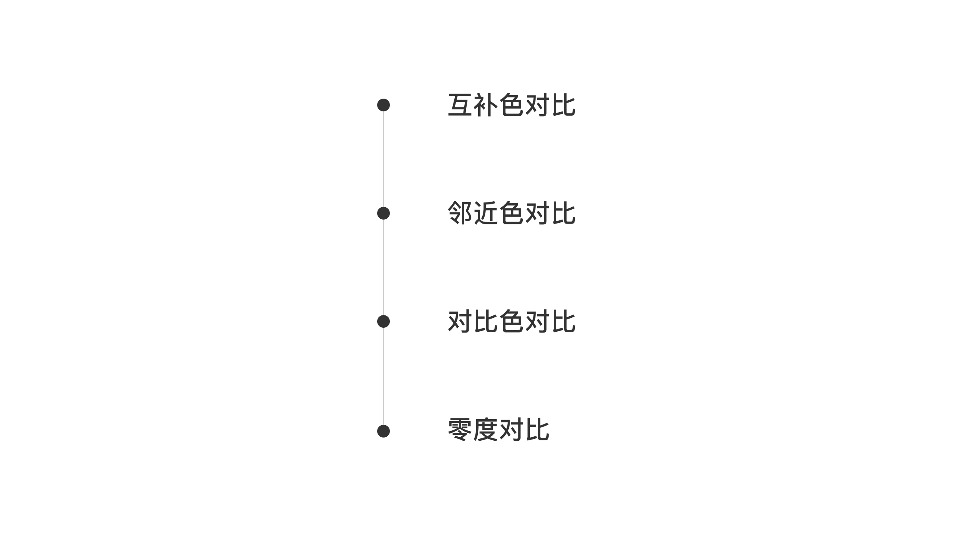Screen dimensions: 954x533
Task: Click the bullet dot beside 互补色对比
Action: pyautogui.click(x=383, y=105)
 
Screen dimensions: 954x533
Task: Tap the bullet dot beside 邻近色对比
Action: pyautogui.click(x=383, y=213)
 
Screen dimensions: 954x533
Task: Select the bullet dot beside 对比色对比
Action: pyautogui.click(x=383, y=321)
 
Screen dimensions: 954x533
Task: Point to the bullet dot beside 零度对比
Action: pyautogui.click(x=383, y=431)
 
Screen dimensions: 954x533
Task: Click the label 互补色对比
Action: pyautogui.click(x=512, y=105)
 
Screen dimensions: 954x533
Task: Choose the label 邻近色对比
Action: pyautogui.click(x=512, y=213)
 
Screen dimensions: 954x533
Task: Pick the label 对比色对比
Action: pyautogui.click(x=512, y=321)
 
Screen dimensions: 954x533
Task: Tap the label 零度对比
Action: pyautogui.click(x=498, y=430)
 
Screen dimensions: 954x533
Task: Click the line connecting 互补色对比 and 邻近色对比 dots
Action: pyautogui.click(x=383, y=159)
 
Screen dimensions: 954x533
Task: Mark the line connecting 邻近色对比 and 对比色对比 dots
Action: pyautogui.click(x=383, y=267)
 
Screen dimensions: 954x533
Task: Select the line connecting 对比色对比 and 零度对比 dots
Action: pyautogui.click(x=383, y=376)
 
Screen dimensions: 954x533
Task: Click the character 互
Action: pyautogui.click(x=460, y=105)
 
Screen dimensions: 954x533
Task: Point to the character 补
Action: pyautogui.click(x=486, y=105)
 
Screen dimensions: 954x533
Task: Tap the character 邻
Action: pyautogui.click(x=460, y=213)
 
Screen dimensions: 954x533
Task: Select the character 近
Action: pyautogui.click(x=486, y=213)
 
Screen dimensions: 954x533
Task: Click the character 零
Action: pyautogui.click(x=460, y=430)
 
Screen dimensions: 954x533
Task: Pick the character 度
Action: pyautogui.click(x=486, y=430)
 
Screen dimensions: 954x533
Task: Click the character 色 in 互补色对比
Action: pyautogui.click(x=511, y=105)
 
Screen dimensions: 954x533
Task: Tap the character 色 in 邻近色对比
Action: pyautogui.click(x=511, y=213)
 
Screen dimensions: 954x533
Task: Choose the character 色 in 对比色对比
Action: pyautogui.click(x=511, y=321)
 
